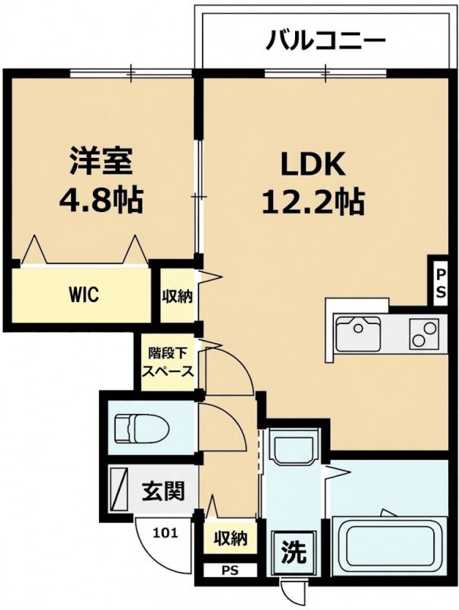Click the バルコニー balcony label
(326, 40)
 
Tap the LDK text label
(313, 164)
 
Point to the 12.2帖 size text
(313, 201)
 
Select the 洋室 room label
(101, 161)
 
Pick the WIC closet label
(84, 294)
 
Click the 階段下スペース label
(168, 363)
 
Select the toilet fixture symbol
(142, 430)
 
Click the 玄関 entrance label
(162, 491)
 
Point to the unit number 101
(165, 531)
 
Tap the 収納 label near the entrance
(230, 539)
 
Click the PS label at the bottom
(230, 571)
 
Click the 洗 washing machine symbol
(294, 552)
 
